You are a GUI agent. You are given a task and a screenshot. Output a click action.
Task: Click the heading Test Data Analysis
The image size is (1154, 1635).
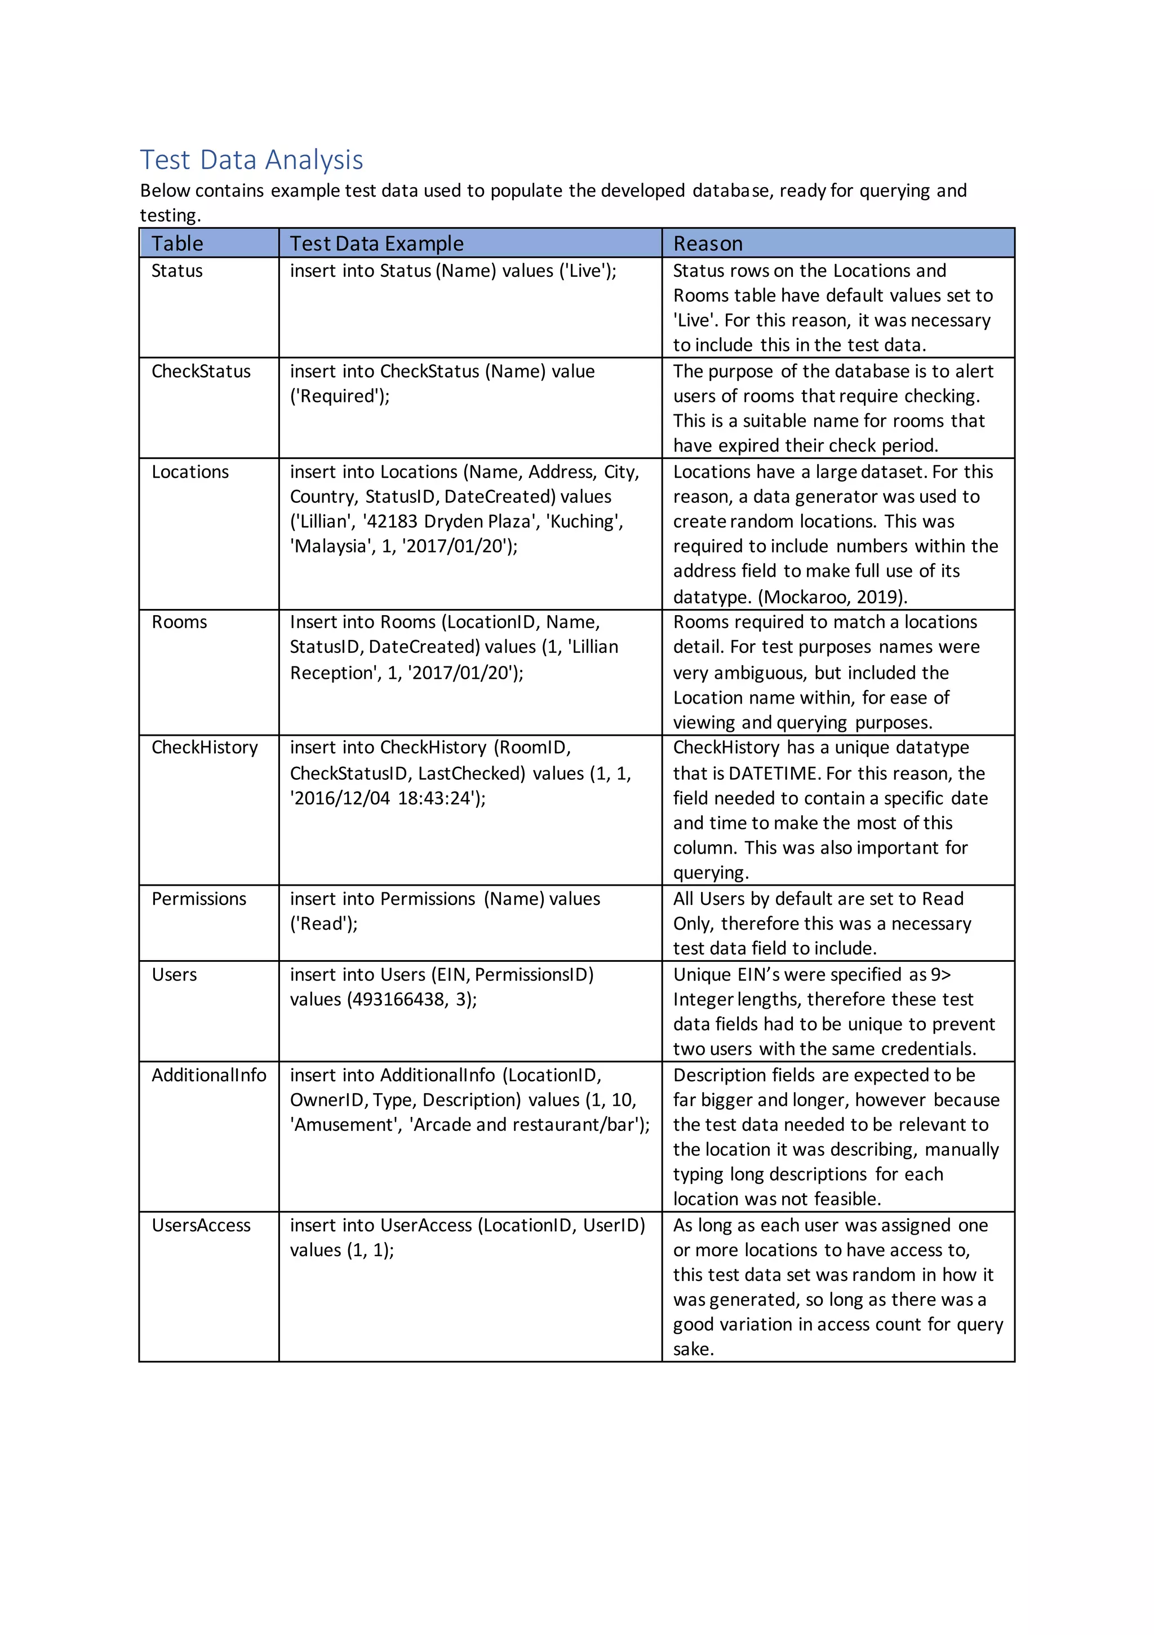251,160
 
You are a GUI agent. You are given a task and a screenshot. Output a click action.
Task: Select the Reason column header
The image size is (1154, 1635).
708,244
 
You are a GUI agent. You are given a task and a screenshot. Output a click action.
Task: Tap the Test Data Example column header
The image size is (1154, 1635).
376,244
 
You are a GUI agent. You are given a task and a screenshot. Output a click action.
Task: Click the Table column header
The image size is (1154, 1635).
177,244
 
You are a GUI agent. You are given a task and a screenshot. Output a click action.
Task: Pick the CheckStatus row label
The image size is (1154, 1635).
201,371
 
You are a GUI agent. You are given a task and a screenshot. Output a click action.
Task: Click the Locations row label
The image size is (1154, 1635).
190,471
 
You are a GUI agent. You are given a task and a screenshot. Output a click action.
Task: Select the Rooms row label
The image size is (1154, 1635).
179,622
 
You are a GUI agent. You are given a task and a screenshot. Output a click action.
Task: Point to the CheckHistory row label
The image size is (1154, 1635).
205,747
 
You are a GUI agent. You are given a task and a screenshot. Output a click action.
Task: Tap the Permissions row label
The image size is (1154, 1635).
198,899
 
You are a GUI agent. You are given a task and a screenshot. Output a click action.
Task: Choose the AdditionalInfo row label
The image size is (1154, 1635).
208,1075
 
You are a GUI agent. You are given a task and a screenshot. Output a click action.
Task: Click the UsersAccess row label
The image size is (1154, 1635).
201,1225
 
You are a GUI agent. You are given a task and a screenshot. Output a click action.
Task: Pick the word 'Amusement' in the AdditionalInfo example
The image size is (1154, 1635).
343,1124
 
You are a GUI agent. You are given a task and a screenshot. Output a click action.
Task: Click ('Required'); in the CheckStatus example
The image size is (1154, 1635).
340,396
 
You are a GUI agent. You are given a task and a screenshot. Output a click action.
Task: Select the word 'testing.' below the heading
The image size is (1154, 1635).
170,215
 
